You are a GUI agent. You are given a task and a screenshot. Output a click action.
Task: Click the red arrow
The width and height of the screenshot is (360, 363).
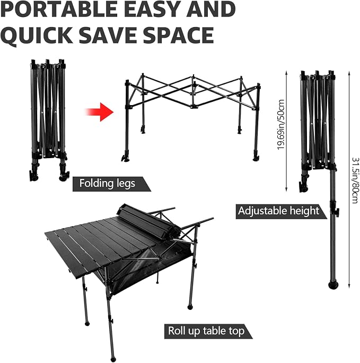[100, 112]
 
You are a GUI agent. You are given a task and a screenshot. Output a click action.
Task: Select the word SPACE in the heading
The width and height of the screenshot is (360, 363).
[179, 35]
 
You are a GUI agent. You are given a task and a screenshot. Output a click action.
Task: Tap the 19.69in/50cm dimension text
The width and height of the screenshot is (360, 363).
[280, 125]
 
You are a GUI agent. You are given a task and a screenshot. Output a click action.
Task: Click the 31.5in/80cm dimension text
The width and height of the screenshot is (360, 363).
[355, 180]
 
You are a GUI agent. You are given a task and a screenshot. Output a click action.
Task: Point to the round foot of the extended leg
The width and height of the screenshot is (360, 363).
[333, 285]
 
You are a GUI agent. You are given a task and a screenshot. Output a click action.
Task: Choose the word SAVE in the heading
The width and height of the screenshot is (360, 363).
[108, 35]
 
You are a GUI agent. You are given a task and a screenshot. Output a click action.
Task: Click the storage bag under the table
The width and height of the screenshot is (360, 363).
[148, 266]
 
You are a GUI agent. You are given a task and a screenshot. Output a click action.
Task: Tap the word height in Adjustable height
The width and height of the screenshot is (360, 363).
[304, 211]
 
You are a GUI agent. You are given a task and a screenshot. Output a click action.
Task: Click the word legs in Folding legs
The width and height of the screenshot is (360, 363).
[126, 184]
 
